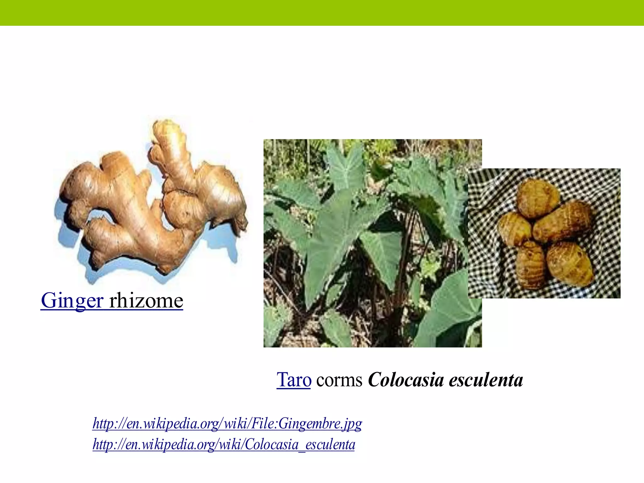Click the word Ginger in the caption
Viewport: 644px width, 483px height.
pyautogui.click(x=72, y=301)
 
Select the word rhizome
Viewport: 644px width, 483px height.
pyautogui.click(x=146, y=301)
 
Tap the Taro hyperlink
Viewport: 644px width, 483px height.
pyautogui.click(x=294, y=380)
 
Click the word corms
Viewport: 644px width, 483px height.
pyautogui.click(x=339, y=380)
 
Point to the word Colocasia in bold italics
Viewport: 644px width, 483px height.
pyautogui.click(x=406, y=380)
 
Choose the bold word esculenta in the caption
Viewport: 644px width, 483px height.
pyautogui.click(x=486, y=380)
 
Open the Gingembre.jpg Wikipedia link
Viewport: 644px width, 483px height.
pyautogui.click(x=227, y=423)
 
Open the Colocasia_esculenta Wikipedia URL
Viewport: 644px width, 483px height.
pyautogui.click(x=224, y=445)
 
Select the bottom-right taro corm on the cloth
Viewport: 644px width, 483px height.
pyautogui.click(x=570, y=264)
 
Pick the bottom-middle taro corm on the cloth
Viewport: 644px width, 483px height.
pyautogui.click(x=531, y=265)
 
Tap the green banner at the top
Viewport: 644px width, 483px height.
pyautogui.click(x=322, y=13)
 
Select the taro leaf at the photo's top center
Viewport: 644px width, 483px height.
pyautogui.click(x=346, y=167)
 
